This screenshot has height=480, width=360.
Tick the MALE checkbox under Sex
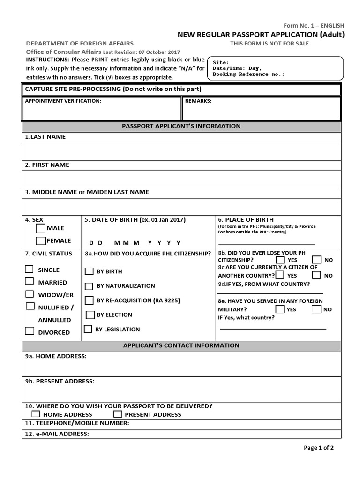(x=41, y=228)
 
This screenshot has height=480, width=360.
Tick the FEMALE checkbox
(x=41, y=241)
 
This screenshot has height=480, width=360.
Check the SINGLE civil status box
(x=30, y=269)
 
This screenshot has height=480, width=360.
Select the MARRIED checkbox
(x=30, y=281)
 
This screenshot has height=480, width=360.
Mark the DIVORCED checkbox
(x=30, y=331)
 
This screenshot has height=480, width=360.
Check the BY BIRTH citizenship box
(x=89, y=271)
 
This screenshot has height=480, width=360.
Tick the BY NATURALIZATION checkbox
(x=89, y=286)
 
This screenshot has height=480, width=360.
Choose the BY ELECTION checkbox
(x=89, y=315)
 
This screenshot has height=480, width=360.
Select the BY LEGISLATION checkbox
(x=88, y=329)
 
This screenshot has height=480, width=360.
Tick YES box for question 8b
(x=280, y=259)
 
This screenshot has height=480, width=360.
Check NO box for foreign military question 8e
(x=316, y=309)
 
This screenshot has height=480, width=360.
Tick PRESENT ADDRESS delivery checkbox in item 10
(x=118, y=414)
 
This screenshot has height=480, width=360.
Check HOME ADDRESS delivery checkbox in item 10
(x=36, y=414)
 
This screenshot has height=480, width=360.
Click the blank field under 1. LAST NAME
(x=181, y=151)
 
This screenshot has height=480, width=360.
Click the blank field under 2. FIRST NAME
(x=181, y=179)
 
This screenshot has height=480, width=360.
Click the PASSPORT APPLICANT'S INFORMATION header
(x=181, y=126)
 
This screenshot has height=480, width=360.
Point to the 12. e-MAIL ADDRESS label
(x=57, y=434)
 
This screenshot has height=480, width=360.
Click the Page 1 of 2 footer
(x=319, y=448)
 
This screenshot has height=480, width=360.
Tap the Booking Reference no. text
(x=248, y=74)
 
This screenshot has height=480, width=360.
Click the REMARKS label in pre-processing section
(x=198, y=101)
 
